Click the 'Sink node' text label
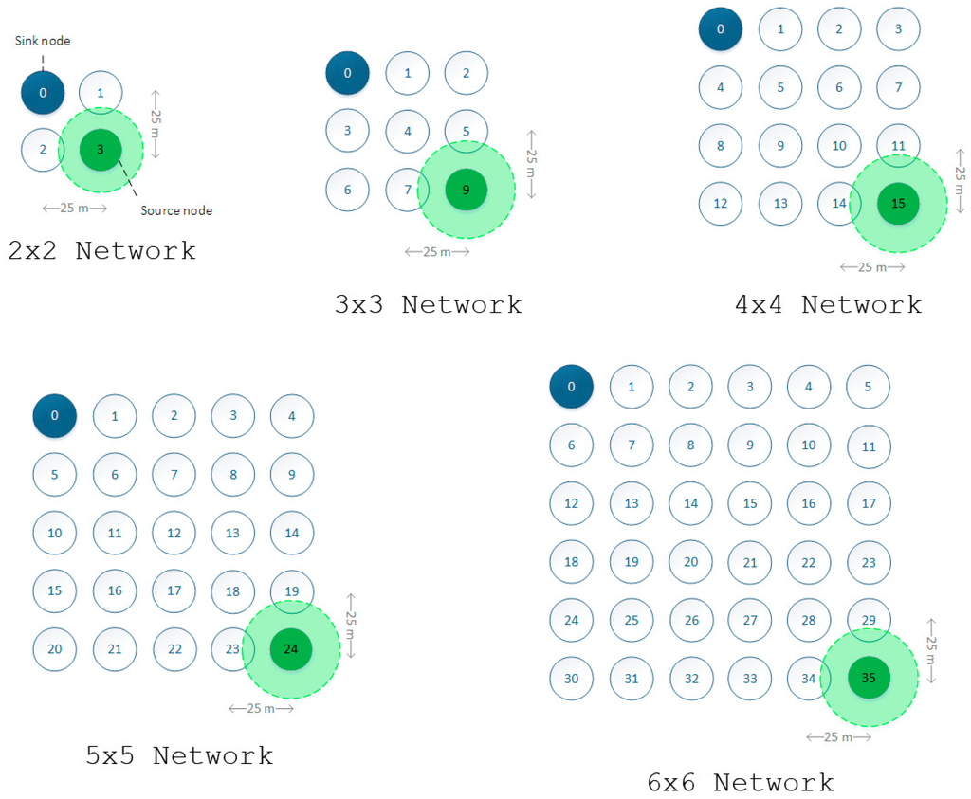click(44, 41)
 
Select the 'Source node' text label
click(176, 210)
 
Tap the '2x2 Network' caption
click(101, 251)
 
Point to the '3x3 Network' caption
click(428, 304)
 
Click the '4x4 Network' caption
click(828, 304)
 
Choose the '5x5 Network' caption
click(179, 755)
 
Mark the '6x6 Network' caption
click(741, 782)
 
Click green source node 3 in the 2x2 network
click(101, 150)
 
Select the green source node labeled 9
click(466, 190)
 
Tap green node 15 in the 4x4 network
click(898, 204)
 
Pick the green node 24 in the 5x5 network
click(291, 649)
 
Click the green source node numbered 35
click(869, 678)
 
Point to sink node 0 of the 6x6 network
click(571, 387)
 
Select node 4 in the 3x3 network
click(408, 132)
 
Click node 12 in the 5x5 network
click(174, 534)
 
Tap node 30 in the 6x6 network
click(571, 680)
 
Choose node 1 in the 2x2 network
click(101, 92)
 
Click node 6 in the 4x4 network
click(839, 87)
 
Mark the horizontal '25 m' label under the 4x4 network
click(870, 267)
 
